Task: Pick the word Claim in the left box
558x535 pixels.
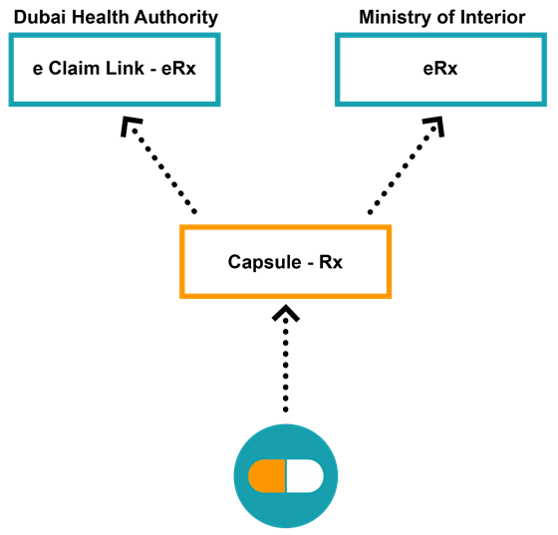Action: (74, 68)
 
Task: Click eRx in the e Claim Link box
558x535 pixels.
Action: (178, 68)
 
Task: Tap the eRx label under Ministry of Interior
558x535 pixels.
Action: (440, 68)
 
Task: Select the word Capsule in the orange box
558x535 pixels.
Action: (265, 263)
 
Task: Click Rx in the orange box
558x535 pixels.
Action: (331, 262)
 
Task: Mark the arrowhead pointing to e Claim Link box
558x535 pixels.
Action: (131, 126)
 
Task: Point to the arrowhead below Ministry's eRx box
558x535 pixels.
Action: (434, 126)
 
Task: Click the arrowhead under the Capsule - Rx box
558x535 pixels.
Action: (286, 313)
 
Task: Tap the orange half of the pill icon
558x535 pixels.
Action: (267, 476)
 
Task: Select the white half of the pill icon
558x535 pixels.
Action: (305, 476)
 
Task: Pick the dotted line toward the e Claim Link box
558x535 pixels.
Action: (164, 171)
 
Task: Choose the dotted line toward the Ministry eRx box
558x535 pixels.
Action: (403, 170)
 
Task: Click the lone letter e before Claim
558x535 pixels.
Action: (38, 70)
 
